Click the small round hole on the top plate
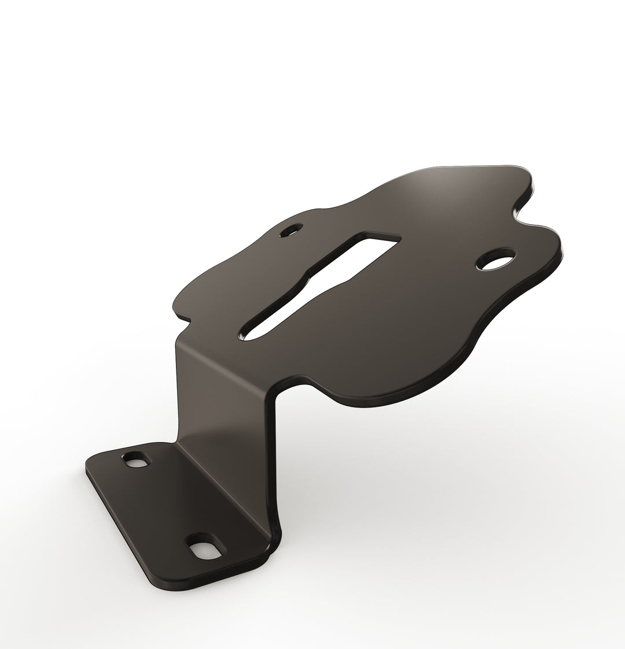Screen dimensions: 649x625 pyautogui.click(x=291, y=231)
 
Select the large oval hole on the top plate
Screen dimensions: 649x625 pyautogui.click(x=495, y=259)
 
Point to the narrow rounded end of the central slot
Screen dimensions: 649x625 pyautogui.click(x=250, y=333)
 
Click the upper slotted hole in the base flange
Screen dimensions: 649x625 pyautogui.click(x=136, y=461)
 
